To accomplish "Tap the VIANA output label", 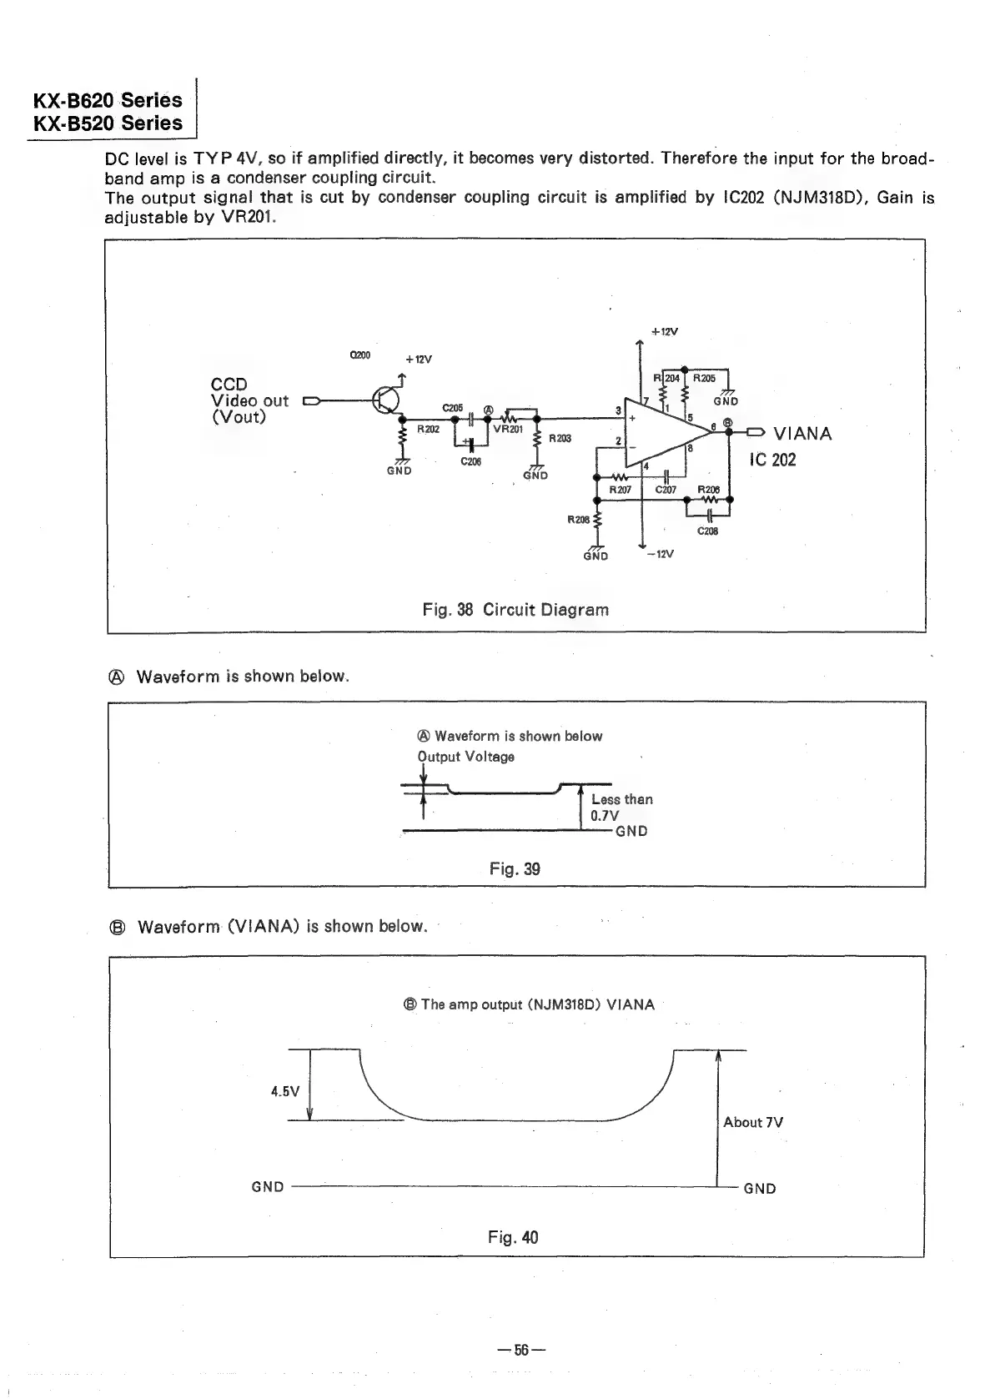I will click(802, 434).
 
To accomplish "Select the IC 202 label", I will click(773, 460).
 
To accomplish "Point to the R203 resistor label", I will click(559, 439).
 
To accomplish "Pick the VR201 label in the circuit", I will click(508, 430).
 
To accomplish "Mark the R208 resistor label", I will click(578, 519).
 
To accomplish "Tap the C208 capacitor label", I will click(707, 531).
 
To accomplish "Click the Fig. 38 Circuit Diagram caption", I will click(515, 610).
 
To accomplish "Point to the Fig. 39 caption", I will click(515, 869).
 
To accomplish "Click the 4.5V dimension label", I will click(285, 1091).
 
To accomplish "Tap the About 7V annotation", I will click(753, 1122).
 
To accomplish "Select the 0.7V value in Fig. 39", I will click(605, 816).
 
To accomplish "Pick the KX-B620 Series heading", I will click(108, 101).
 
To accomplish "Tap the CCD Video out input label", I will click(249, 400).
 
